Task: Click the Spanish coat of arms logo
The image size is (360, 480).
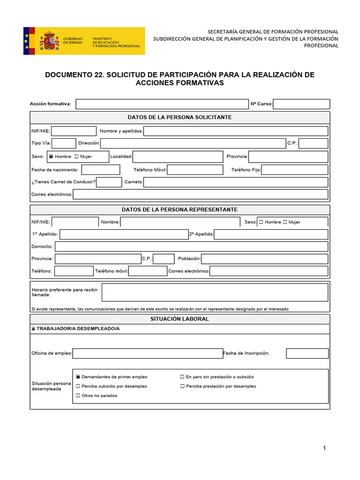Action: (x=49, y=41)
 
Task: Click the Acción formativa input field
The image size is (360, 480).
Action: (x=162, y=104)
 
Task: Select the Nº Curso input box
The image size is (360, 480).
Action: (x=301, y=104)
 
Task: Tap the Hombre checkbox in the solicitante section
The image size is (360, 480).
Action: (x=51, y=157)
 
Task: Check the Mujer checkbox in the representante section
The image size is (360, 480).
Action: (x=285, y=222)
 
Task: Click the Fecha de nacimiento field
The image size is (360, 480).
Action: (x=101, y=170)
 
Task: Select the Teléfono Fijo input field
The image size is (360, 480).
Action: (x=294, y=170)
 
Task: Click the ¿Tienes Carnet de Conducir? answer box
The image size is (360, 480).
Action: (x=109, y=182)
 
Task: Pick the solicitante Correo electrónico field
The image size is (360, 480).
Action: (x=200, y=194)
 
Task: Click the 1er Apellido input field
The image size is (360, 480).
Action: (x=124, y=234)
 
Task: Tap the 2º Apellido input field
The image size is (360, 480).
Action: (x=271, y=234)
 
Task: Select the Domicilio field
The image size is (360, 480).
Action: (x=191, y=247)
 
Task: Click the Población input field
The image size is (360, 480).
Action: (x=264, y=259)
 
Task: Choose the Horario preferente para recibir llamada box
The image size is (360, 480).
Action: (x=215, y=292)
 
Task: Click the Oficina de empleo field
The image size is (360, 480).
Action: (x=148, y=353)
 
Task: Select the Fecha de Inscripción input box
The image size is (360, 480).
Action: (x=307, y=353)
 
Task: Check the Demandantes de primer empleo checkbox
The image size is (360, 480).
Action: (x=78, y=377)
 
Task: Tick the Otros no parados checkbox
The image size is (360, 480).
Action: (x=78, y=396)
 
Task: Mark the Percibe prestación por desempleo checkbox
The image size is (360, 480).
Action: (x=182, y=386)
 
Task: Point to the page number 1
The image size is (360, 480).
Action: (x=324, y=448)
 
